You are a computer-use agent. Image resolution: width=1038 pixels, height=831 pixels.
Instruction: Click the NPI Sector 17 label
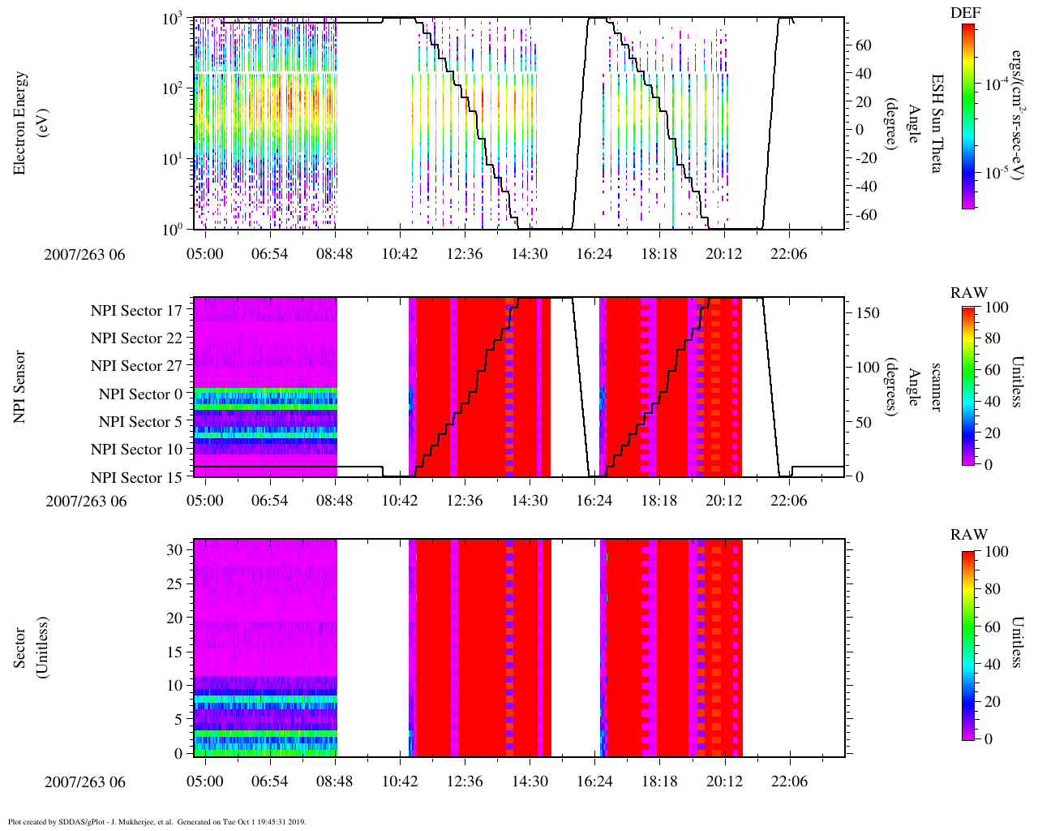[x=136, y=311]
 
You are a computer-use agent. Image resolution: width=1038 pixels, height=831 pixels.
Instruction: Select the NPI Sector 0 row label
[x=140, y=394]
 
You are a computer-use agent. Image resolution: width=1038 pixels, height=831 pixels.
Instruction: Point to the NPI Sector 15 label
[x=136, y=478]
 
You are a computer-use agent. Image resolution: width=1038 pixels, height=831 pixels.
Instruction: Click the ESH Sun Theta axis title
[x=936, y=123]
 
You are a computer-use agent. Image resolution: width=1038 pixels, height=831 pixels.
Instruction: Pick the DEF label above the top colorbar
[x=968, y=13]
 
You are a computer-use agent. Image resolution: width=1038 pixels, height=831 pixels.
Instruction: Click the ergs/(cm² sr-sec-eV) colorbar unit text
[x=1016, y=114]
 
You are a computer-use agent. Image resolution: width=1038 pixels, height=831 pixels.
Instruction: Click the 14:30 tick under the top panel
[x=530, y=254]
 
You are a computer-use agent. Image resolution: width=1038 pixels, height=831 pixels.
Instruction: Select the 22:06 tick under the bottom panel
[x=789, y=781]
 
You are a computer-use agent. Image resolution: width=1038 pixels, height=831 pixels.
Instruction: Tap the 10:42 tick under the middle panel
[x=400, y=501]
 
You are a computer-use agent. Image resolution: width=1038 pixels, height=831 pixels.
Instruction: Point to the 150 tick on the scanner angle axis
[x=869, y=313]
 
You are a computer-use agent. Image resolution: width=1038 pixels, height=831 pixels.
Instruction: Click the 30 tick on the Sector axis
[x=174, y=549]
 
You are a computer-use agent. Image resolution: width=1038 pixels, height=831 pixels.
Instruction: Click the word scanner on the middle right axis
[x=936, y=386]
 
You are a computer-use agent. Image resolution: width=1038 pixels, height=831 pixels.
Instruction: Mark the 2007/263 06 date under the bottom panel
[x=86, y=782]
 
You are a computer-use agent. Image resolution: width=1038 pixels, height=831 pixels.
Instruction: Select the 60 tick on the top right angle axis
[x=863, y=45]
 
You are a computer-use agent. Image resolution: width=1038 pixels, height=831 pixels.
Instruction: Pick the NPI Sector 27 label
[x=136, y=366]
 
